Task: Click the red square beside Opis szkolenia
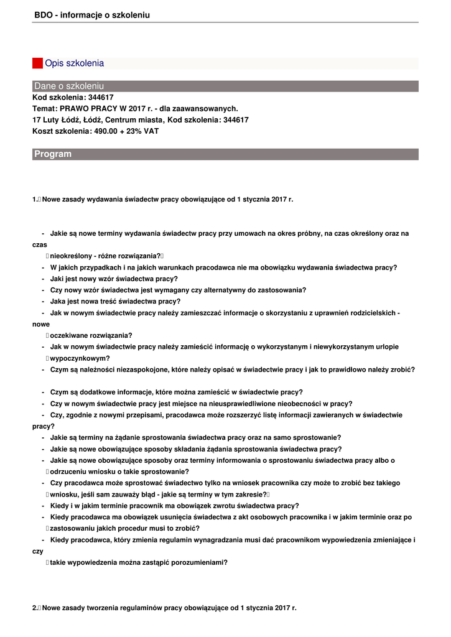click(37, 63)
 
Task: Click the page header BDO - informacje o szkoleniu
click(92, 15)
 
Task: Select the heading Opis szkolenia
click(74, 63)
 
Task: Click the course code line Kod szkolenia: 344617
click(73, 98)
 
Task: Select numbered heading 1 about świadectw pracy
click(163, 200)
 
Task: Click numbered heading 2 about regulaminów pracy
click(165, 608)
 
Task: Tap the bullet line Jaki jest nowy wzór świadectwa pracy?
click(114, 279)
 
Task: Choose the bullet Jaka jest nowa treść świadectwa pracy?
click(115, 302)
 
